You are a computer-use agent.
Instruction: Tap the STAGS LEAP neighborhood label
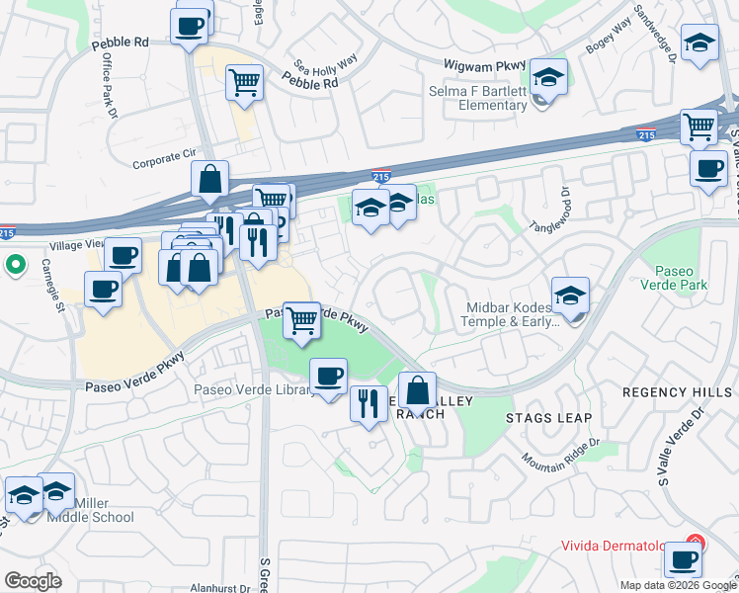(x=536, y=403)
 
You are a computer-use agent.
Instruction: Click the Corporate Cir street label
(x=164, y=155)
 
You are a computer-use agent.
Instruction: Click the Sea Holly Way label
(x=323, y=64)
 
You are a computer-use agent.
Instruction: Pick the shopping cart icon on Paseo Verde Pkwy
(x=302, y=318)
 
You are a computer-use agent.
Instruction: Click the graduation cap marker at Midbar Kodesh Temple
(x=570, y=295)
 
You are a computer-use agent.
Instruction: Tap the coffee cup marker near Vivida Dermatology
(x=682, y=558)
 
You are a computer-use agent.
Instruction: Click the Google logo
(x=34, y=581)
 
